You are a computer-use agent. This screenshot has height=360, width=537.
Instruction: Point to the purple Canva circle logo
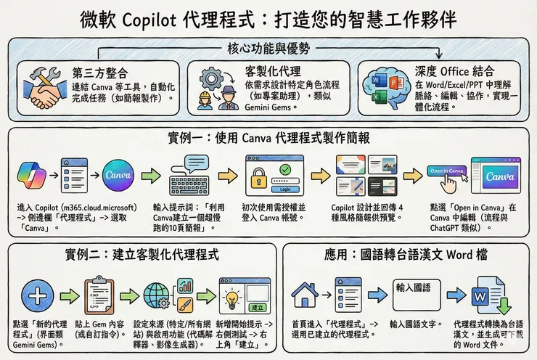pyautogui.click(x=118, y=176)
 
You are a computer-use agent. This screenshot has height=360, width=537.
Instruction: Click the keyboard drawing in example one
pyautogui.click(x=189, y=180)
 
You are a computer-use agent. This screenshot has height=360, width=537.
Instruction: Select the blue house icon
pyautogui.click(x=303, y=295)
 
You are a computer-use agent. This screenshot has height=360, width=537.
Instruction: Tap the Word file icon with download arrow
pyautogui.click(x=484, y=296)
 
